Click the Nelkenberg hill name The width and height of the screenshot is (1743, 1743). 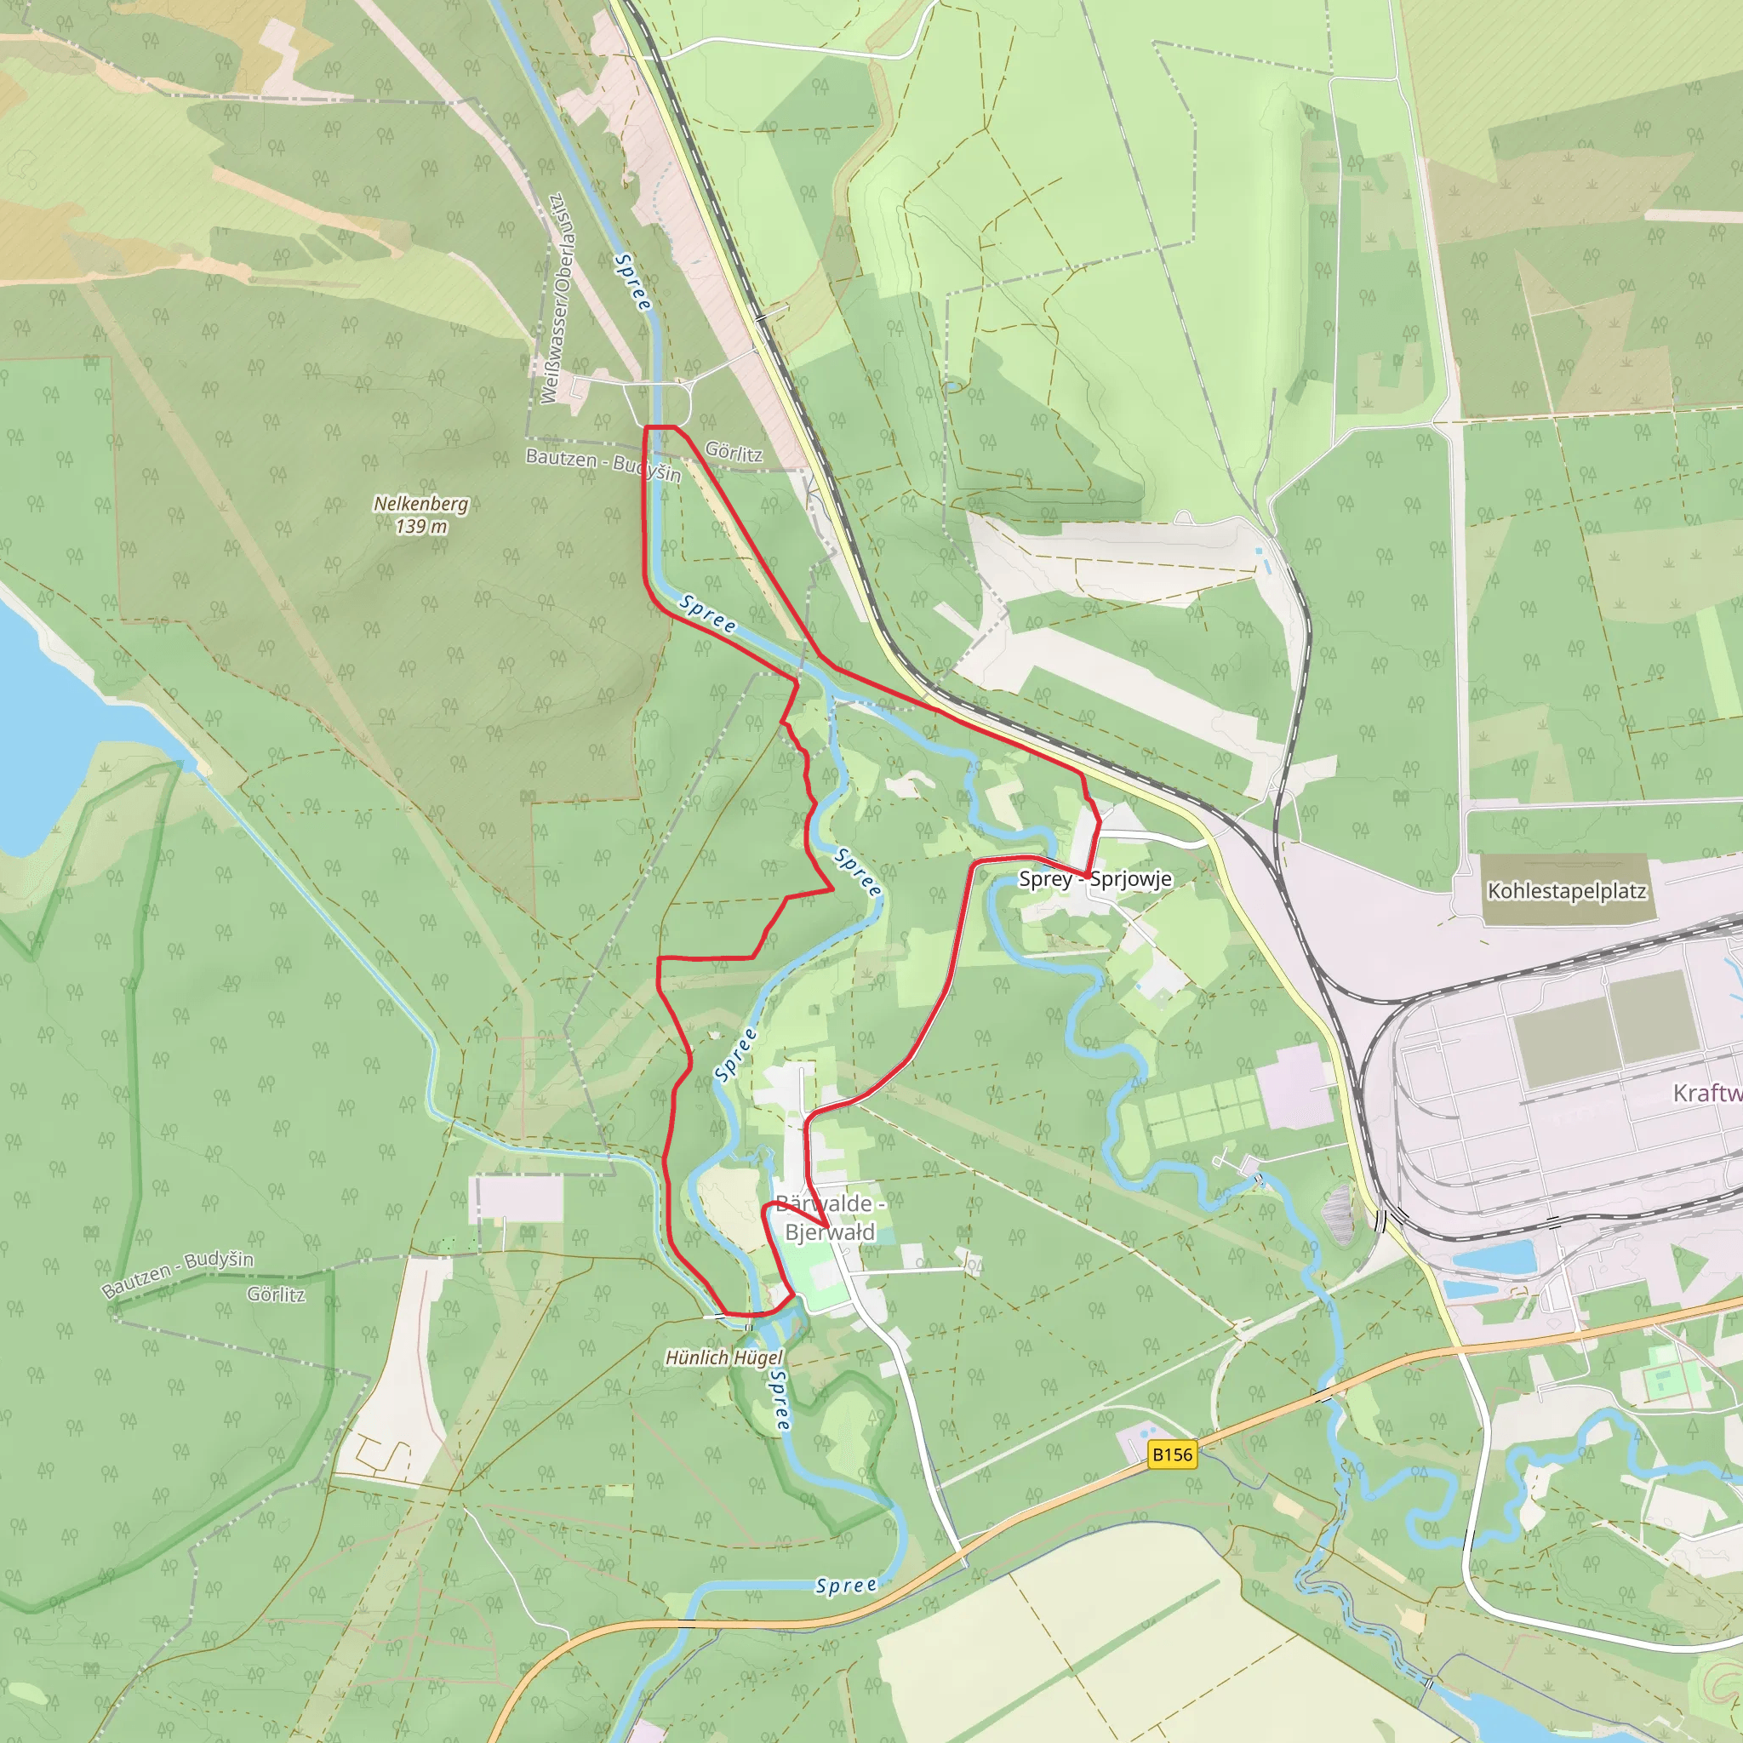point(420,504)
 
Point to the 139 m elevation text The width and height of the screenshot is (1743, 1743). point(420,526)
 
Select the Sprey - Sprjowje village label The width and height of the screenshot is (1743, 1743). point(1094,878)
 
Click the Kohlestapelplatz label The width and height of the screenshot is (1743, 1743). point(1566,891)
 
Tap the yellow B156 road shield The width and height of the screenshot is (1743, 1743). point(1172,1454)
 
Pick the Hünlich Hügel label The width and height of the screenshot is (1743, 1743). point(723,1357)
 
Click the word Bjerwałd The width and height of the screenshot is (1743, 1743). point(829,1232)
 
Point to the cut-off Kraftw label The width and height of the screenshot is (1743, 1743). point(1707,1094)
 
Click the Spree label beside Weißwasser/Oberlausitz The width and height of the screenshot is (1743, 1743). point(631,283)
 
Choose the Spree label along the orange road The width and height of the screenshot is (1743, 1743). point(845,1586)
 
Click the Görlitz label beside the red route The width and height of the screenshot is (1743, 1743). point(734,452)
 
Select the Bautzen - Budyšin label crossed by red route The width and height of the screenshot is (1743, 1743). point(603,464)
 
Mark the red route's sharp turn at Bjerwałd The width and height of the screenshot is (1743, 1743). point(828,1224)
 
